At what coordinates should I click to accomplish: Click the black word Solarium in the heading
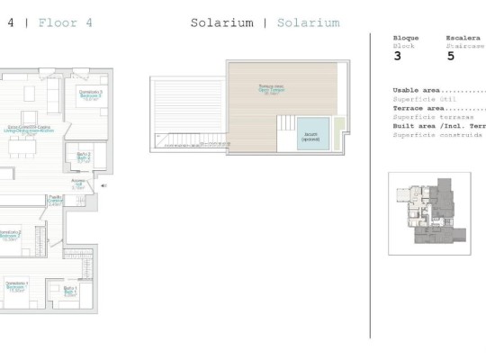tap(221, 22)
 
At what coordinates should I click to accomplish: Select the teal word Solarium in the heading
tap(308, 22)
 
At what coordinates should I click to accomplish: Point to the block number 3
tap(398, 56)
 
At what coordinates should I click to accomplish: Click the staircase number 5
tap(450, 56)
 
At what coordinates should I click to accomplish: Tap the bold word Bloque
tap(406, 38)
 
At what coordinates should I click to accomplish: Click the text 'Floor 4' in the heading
tap(67, 22)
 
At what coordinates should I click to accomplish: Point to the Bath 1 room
tap(70, 291)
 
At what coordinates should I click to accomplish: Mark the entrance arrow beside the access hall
tap(103, 186)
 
